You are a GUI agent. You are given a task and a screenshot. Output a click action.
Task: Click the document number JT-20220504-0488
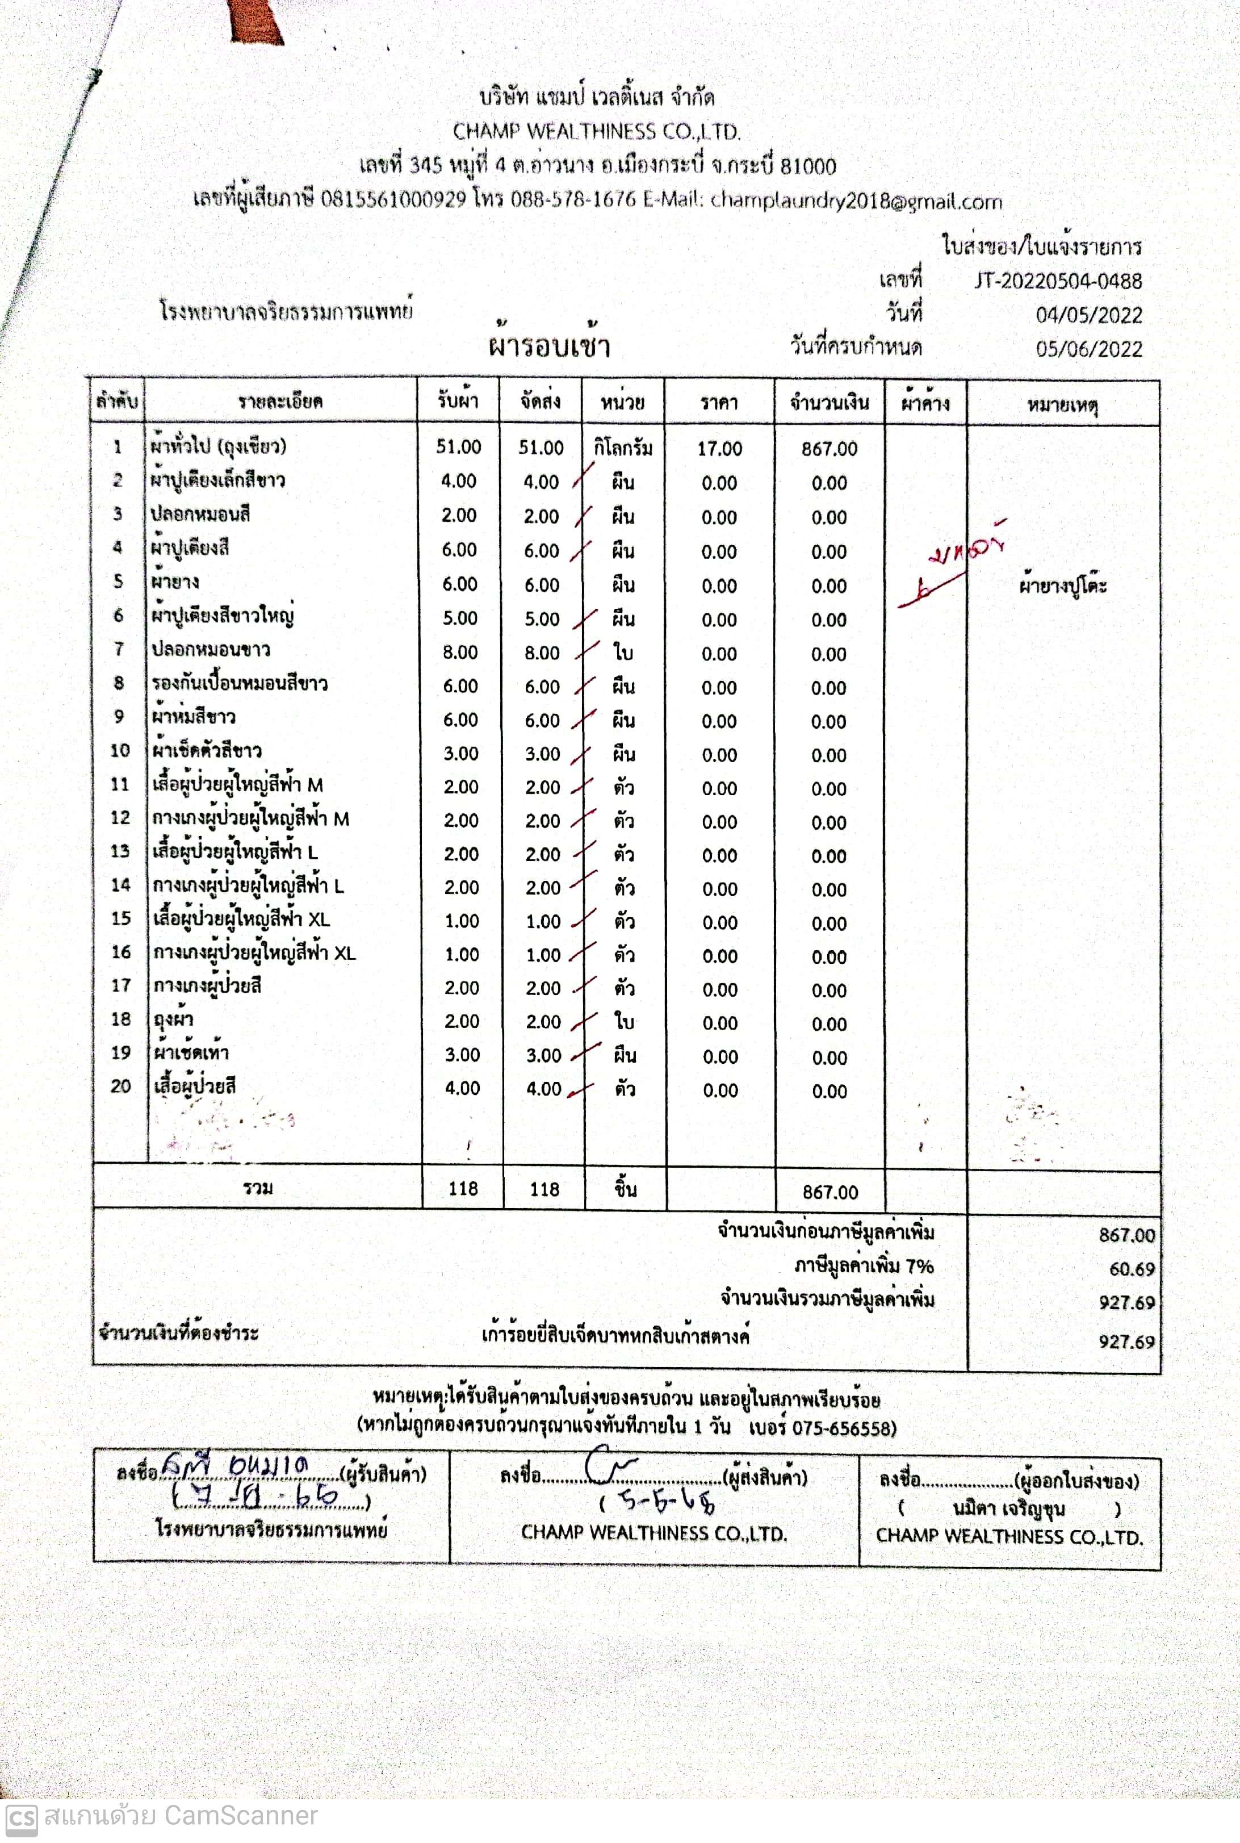[x=1057, y=281]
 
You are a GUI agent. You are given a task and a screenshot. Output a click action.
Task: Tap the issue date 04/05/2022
[x=1088, y=316]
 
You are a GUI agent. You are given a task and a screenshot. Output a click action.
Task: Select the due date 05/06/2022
[x=1088, y=350]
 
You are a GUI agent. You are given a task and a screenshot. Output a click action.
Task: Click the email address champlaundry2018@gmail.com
[x=856, y=201]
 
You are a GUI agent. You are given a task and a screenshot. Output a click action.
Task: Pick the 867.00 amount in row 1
[x=829, y=449]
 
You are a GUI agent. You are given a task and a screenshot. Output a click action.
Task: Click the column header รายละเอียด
[x=280, y=401]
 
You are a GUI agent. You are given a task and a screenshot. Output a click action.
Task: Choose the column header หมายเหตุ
[x=1062, y=406]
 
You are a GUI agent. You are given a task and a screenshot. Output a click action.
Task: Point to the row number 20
[x=120, y=1086]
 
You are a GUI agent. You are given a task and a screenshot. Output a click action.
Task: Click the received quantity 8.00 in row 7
[x=459, y=653]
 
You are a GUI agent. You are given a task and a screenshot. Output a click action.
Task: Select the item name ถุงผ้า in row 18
[x=173, y=1019]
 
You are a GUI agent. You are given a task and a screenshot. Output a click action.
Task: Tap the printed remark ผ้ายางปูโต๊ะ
[x=1062, y=586]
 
